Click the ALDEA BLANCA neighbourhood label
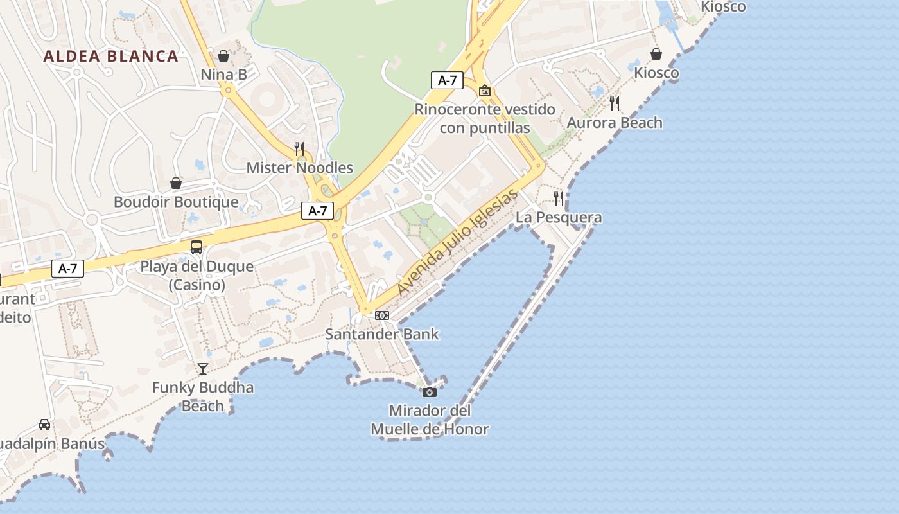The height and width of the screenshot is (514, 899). pos(110,56)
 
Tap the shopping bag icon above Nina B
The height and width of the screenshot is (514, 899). pos(223,56)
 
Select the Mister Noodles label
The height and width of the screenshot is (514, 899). pos(300,168)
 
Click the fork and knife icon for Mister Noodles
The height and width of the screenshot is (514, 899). pos(299,149)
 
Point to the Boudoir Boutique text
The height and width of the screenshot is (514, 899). pos(176,202)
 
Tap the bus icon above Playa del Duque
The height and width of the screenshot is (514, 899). pos(196,247)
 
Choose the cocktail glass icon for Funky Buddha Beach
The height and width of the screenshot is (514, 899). pos(203,368)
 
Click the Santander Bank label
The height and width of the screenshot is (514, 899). pos(382,334)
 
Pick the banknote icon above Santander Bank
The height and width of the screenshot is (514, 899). pos(382,315)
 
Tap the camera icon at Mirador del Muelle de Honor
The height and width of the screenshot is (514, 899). pos(430,392)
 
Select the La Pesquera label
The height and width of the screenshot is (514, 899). pos(559,218)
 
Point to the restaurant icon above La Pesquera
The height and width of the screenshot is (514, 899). pos(559,199)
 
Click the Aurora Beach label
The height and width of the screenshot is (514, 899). pos(615,123)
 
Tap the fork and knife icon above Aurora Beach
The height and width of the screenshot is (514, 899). pos(615,103)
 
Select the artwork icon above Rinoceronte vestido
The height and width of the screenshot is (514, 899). pos(485,91)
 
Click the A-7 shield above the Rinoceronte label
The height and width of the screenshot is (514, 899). pos(447,80)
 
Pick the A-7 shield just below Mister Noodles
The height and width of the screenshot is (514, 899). pos(317,210)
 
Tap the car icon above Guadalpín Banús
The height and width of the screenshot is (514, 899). pos(44,425)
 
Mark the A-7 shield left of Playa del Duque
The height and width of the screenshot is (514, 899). pos(67,269)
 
